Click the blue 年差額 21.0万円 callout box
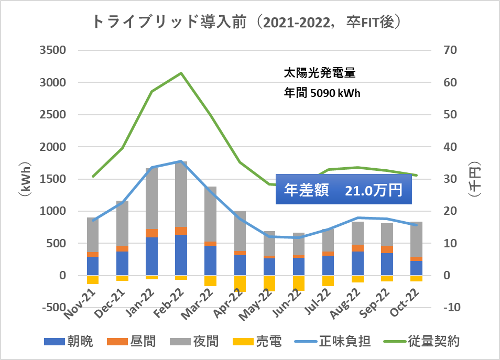(343, 190)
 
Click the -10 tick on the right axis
(453, 308)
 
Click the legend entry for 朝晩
(68, 343)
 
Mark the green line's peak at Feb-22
(181, 73)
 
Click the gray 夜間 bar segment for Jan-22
(151, 199)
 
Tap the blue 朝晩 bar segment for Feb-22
(181, 255)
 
